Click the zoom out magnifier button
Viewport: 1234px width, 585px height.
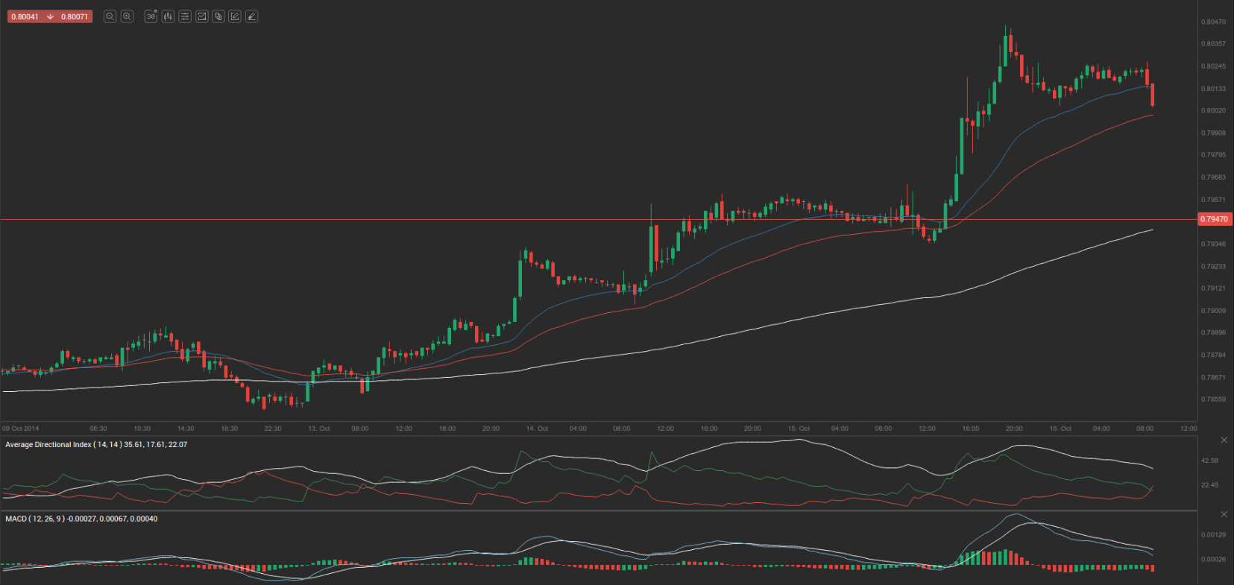point(110,16)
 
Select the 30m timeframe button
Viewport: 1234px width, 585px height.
point(151,16)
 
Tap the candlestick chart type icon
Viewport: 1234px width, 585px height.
point(168,16)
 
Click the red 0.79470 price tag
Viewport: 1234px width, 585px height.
point(1214,219)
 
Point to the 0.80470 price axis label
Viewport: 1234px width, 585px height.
point(1213,22)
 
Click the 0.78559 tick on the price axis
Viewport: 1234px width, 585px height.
point(1213,399)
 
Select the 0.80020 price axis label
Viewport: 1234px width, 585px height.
point(1213,110)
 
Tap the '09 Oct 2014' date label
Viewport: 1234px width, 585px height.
point(21,429)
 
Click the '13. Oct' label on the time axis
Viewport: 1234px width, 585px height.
point(319,429)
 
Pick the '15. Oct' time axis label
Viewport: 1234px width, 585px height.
point(799,429)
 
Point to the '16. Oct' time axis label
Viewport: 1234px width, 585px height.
point(1060,429)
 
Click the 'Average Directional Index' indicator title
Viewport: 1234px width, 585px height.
point(48,445)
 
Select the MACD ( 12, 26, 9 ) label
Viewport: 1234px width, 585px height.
point(34,519)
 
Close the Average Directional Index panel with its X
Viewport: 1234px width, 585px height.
point(1224,440)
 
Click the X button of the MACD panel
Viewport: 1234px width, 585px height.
point(1224,514)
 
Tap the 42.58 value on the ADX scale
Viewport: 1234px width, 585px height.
point(1209,461)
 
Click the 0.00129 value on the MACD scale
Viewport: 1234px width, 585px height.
point(1213,535)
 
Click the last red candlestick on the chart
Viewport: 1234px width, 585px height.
point(1153,95)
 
